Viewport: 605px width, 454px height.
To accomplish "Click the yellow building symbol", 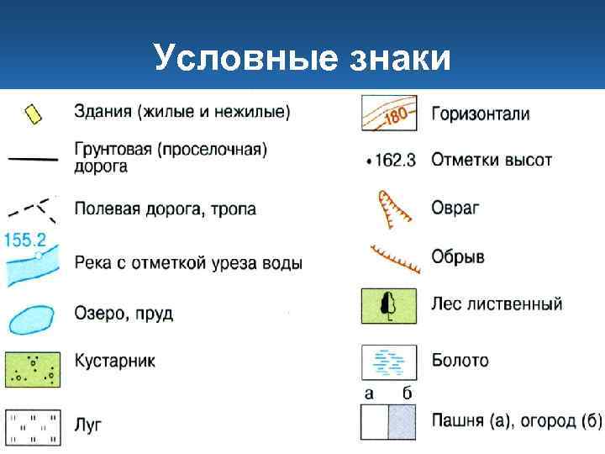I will [33, 114].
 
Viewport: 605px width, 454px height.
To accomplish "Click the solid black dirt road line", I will [32, 157].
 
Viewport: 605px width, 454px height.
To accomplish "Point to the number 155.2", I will [25, 239].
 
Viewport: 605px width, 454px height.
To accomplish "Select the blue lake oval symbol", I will [31, 318].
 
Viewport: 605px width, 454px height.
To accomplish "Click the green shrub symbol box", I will [32, 368].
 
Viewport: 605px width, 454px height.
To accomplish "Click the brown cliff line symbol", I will [395, 258].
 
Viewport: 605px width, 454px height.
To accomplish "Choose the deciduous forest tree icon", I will [388, 306].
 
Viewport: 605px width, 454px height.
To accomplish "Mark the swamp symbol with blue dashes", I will [388, 362].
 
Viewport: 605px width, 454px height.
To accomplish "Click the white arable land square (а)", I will [374, 422].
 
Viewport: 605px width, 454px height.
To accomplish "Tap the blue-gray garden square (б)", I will [402, 422].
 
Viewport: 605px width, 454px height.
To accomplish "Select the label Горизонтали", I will [480, 113].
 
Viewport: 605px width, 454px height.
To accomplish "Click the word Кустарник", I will [114, 361].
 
